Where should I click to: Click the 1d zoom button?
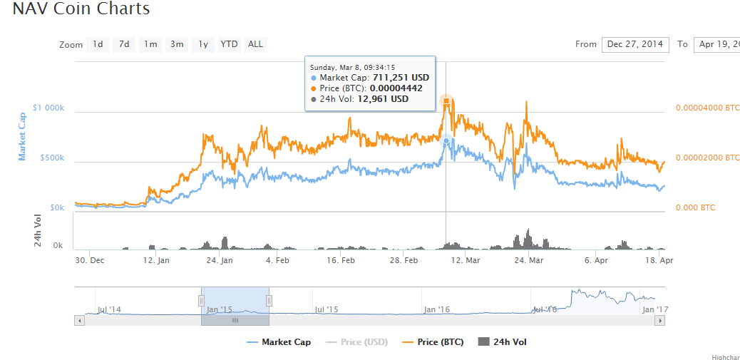[x=98, y=44]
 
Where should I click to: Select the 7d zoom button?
[x=124, y=44]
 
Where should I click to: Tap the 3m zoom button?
[x=177, y=44]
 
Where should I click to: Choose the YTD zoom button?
[x=229, y=44]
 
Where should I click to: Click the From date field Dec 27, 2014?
[x=634, y=44]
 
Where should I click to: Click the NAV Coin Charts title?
[x=81, y=9]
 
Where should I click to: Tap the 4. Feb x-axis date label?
[x=277, y=261]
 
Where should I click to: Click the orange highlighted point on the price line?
[x=446, y=101]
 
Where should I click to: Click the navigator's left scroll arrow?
[x=79, y=321]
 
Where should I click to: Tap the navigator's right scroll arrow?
[x=660, y=321]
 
